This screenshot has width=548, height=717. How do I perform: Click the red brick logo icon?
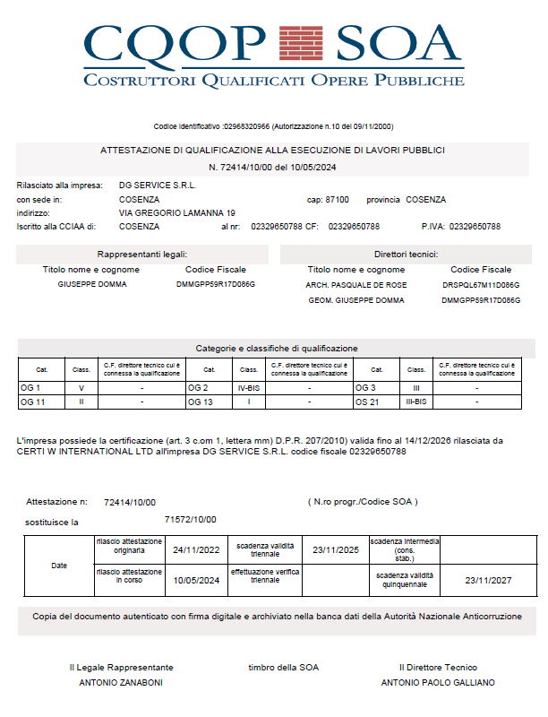point(302,41)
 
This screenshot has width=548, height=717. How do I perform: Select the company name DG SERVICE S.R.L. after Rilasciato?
point(158,185)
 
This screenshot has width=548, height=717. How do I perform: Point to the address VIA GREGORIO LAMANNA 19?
point(177,213)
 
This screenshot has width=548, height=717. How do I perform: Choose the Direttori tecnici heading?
point(407,255)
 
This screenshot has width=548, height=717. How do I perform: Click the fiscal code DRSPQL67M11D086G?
point(481,284)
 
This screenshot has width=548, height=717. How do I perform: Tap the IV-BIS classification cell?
point(249,388)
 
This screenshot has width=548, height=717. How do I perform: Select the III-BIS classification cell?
point(416,402)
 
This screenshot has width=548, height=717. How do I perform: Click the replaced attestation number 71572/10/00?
point(191,519)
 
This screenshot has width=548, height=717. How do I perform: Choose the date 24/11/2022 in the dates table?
point(196,549)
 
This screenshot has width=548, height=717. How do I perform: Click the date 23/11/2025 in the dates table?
point(335,549)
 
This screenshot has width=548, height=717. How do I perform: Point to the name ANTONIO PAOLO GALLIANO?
point(438,682)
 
